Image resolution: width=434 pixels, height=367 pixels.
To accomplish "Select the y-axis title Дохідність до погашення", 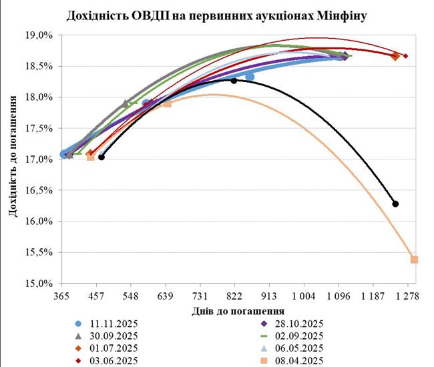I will pyautogui.click(x=13, y=159).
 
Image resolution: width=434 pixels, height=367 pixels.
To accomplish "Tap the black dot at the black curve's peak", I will pyautogui.click(x=234, y=81).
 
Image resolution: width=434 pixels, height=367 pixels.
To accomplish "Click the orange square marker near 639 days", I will pyautogui.click(x=167, y=103).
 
